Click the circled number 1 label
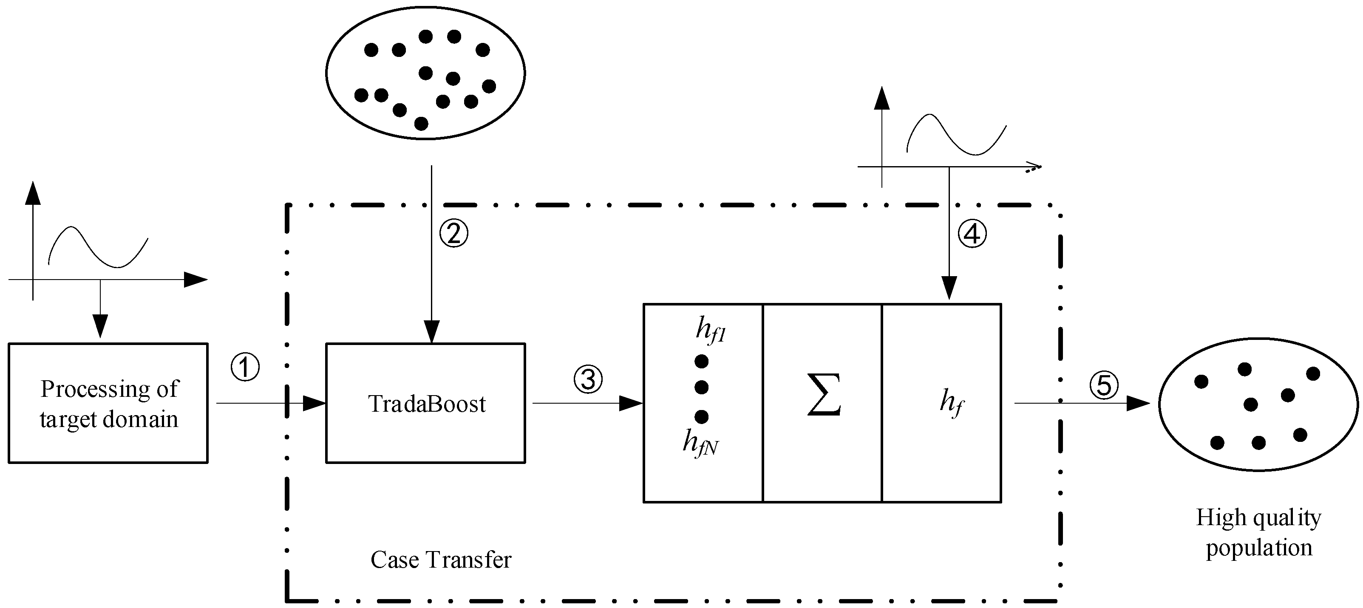tap(245, 367)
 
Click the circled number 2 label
tap(454, 233)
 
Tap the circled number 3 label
tap(588, 379)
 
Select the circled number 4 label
tap(972, 233)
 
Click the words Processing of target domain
tap(109, 404)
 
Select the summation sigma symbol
tap(823, 395)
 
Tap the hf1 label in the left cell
tap(711, 331)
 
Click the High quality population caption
tap(1258, 532)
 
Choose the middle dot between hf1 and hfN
tap(702, 387)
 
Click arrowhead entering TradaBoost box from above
tap(432, 333)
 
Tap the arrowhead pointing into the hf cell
tap(949, 289)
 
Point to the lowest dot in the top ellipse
tap(421, 123)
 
